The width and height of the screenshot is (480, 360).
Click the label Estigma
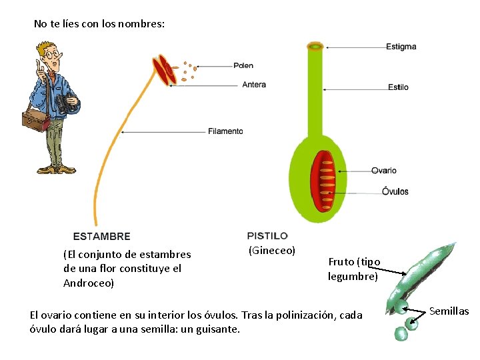401,47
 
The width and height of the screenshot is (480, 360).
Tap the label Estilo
398,87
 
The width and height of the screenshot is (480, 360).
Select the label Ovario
384,171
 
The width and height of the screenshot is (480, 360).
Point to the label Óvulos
395,192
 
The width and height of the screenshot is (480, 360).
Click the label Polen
243,65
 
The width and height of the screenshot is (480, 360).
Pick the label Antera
254,85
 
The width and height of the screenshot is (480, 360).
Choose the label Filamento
225,131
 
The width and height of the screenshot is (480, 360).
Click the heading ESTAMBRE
101,236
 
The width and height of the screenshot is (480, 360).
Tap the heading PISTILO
267,235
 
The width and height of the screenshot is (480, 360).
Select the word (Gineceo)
271,251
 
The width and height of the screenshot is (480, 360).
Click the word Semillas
449,311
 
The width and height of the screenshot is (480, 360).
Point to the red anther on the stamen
164,69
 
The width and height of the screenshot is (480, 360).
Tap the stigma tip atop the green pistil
315,47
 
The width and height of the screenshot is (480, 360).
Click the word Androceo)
89,283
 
